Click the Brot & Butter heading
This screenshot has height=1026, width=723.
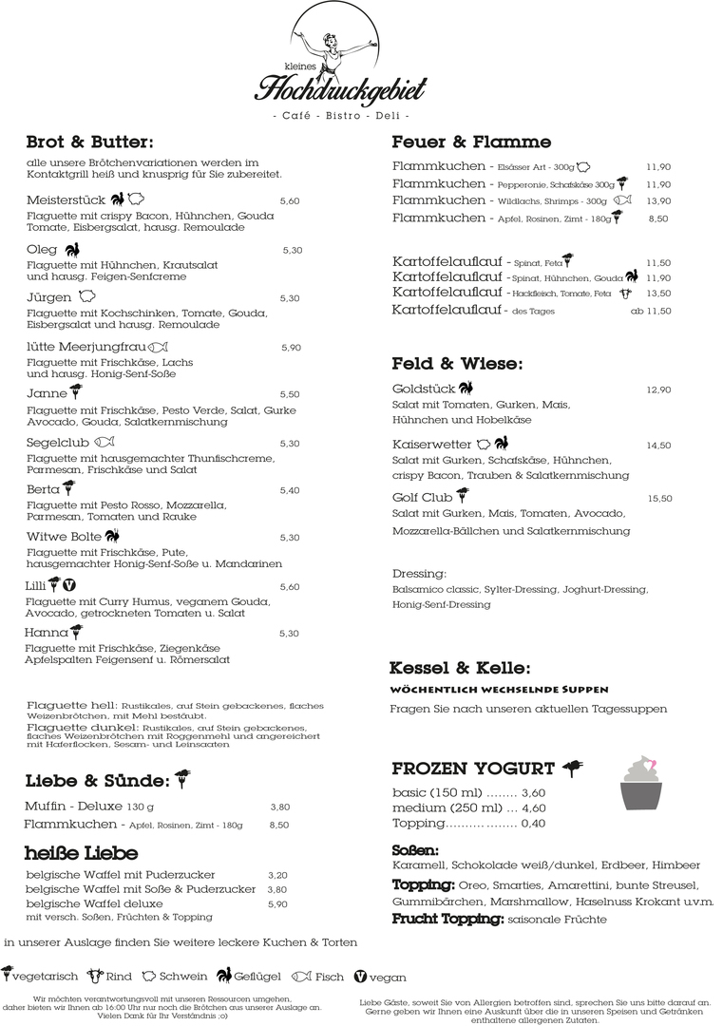click(x=89, y=142)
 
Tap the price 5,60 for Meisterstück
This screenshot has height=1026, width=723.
click(x=290, y=201)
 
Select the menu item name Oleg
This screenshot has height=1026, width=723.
click(x=42, y=249)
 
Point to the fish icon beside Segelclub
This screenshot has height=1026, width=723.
click(x=105, y=442)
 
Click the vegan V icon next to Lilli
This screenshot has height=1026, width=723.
click(x=68, y=585)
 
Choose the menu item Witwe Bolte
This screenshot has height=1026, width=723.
click(x=64, y=537)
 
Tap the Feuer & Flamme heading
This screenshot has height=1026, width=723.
click(x=471, y=142)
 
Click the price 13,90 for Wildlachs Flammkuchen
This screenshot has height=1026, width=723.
click(x=658, y=201)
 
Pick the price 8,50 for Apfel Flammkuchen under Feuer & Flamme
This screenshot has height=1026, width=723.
click(x=658, y=218)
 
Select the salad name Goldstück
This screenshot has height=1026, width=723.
click(x=423, y=389)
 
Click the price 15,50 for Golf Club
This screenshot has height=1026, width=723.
click(x=659, y=499)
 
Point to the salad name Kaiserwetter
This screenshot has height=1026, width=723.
click(x=431, y=444)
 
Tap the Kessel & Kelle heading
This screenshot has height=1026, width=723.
click(x=460, y=668)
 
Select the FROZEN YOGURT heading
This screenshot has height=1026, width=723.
click(x=473, y=769)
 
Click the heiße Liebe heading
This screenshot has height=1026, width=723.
click(x=82, y=853)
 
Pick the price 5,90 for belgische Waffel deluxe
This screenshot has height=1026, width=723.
click(x=277, y=904)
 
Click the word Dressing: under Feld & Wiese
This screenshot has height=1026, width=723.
click(x=419, y=574)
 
